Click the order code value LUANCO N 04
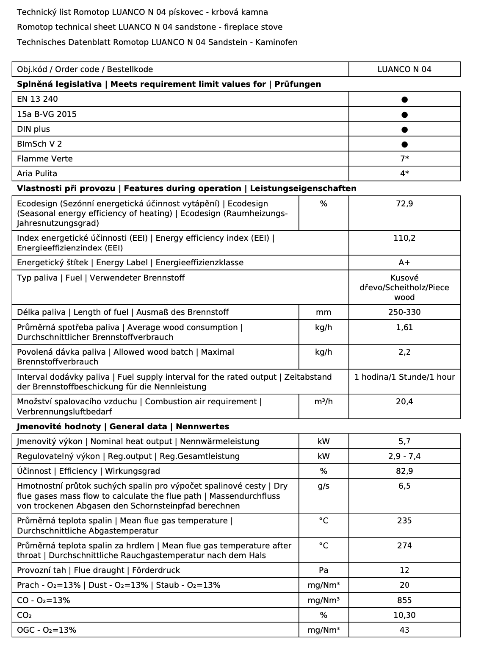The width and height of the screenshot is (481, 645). point(404,70)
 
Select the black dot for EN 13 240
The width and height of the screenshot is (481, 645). point(404,100)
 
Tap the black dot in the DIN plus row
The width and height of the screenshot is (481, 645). point(404,129)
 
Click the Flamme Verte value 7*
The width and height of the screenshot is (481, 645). point(404,159)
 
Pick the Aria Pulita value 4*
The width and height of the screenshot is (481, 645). point(404,174)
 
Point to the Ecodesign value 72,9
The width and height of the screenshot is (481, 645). point(404,204)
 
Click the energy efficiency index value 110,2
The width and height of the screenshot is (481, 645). point(404,238)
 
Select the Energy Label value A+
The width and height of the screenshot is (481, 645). point(404,263)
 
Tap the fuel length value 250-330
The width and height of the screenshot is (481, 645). point(404,312)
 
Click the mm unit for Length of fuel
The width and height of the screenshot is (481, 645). point(323,312)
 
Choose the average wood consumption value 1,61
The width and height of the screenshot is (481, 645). point(404,328)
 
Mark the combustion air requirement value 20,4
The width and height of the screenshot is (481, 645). point(404,402)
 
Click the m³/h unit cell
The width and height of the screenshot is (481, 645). point(323,402)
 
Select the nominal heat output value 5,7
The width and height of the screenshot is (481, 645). point(404,442)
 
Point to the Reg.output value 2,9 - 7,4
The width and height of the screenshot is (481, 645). point(404,456)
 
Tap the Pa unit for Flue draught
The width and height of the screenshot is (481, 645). point(323,570)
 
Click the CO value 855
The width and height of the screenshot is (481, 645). point(404,601)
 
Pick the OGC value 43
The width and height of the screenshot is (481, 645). point(404,630)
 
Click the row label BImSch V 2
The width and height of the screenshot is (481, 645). point(39,144)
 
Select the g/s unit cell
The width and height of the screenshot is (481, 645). point(323,486)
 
